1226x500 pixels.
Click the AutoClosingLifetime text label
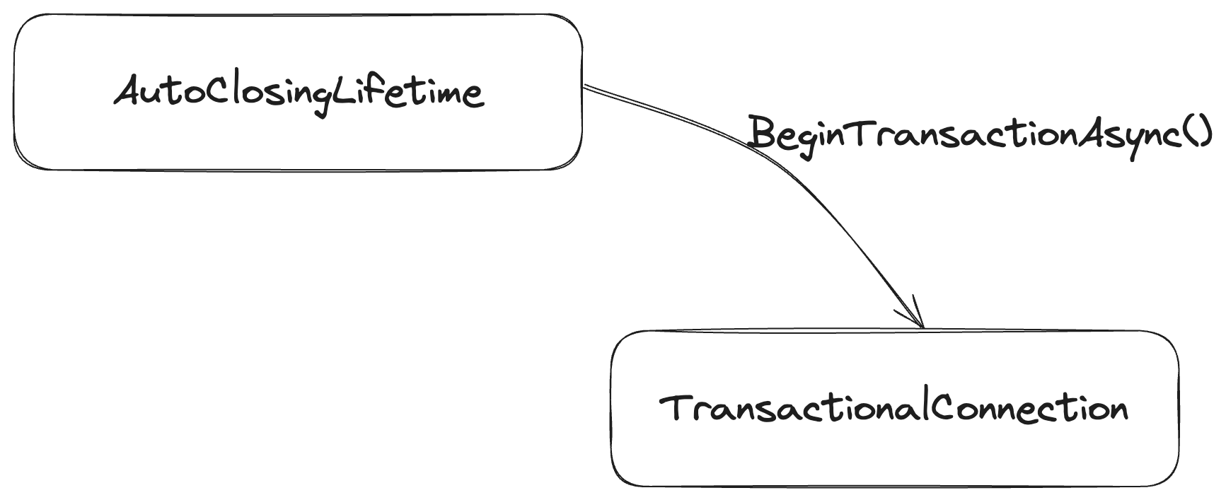click(x=299, y=93)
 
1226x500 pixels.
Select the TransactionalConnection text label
click(x=894, y=409)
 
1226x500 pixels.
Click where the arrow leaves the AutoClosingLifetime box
click(x=584, y=86)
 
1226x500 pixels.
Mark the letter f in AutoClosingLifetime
click(x=386, y=91)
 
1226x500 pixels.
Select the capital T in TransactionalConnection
click(x=675, y=408)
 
